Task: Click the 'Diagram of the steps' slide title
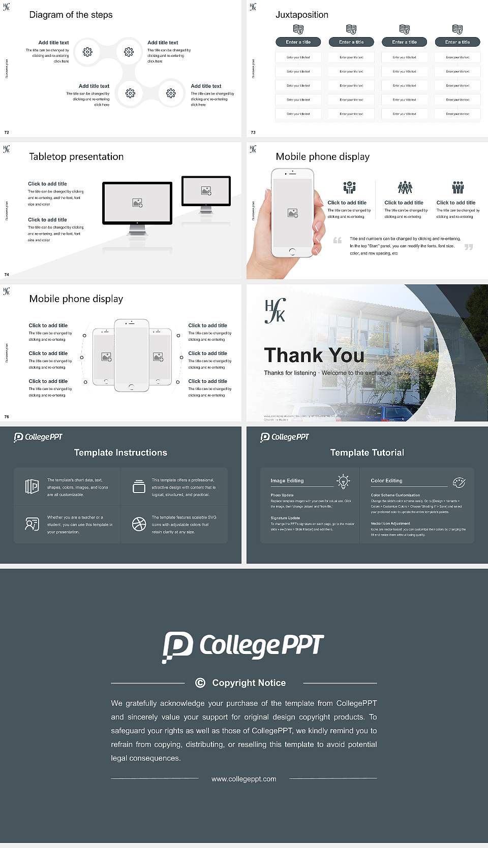pyautogui.click(x=71, y=15)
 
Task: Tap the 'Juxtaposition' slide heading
pyautogui.click(x=301, y=15)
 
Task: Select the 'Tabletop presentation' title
pyautogui.click(x=76, y=156)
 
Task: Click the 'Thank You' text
pyautogui.click(x=314, y=355)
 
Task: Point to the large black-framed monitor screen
pyautogui.click(x=137, y=203)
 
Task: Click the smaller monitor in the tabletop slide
pyautogui.click(x=206, y=191)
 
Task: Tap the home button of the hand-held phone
pyautogui.click(x=292, y=251)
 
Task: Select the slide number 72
pyautogui.click(x=7, y=132)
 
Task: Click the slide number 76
pyautogui.click(x=7, y=416)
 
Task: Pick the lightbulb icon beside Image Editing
pyautogui.click(x=343, y=481)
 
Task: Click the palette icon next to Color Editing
pyautogui.click(x=459, y=482)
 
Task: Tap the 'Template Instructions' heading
pyautogui.click(x=120, y=452)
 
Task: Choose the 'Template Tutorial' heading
pyautogui.click(x=367, y=452)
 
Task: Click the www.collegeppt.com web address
pyautogui.click(x=244, y=779)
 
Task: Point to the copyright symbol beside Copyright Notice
pyautogui.click(x=200, y=683)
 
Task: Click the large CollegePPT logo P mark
pyautogui.click(x=177, y=646)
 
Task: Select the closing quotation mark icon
pyautogui.click(x=469, y=247)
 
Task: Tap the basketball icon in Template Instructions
pyautogui.click(x=139, y=524)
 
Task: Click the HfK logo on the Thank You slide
pyautogui.click(x=275, y=311)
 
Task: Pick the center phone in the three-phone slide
pyautogui.click(x=131, y=355)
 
